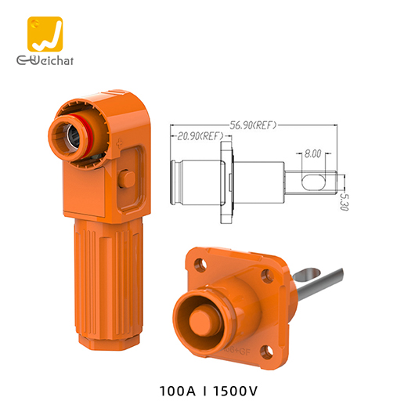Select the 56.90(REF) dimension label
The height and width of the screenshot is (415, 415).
pyautogui.click(x=252, y=125)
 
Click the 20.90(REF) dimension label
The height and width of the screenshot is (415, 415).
pyautogui.click(x=199, y=136)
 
